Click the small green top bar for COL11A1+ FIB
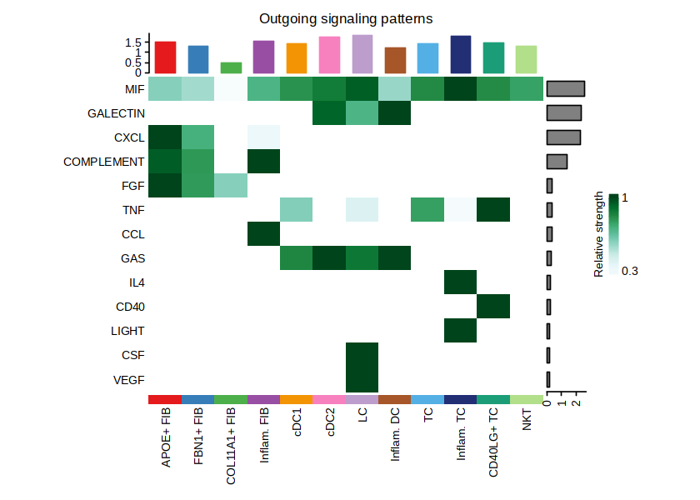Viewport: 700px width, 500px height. point(231,67)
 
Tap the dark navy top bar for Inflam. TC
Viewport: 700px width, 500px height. point(461,54)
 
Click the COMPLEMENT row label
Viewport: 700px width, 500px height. point(104,162)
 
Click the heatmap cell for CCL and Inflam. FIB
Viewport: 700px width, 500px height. point(263,234)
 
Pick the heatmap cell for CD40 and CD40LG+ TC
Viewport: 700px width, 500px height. point(493,307)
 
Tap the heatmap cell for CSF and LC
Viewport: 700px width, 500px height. point(362,355)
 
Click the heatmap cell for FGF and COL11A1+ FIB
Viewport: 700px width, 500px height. point(231,186)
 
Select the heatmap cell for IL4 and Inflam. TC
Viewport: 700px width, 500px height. point(461,282)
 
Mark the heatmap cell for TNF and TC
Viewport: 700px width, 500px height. point(427,210)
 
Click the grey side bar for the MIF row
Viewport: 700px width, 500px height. point(566,89)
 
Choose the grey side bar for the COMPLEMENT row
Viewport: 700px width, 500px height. point(557,162)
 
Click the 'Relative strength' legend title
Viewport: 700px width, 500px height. point(598,234)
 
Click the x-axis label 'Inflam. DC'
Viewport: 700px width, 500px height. point(395,440)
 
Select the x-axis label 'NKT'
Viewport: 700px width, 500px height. point(526,423)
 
